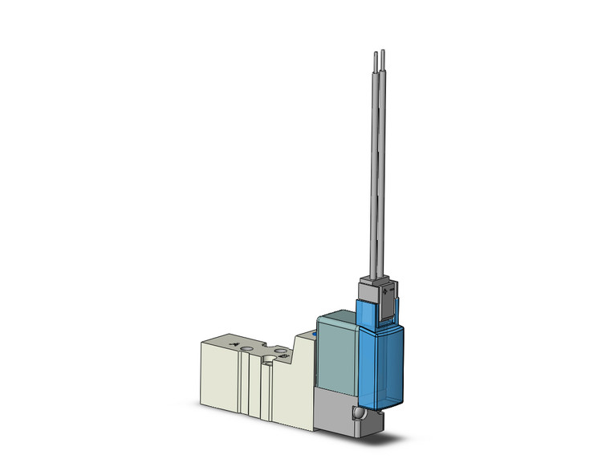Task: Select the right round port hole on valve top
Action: coord(279,351)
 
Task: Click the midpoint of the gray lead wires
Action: coord(377,169)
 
